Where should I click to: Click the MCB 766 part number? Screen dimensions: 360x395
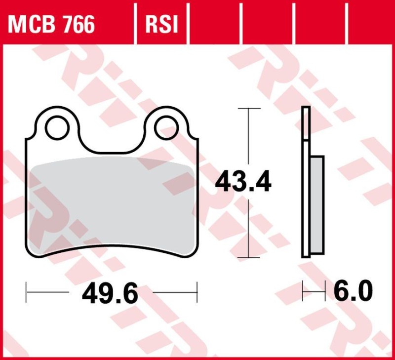click(x=51, y=23)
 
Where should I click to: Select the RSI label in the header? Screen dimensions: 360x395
click(x=161, y=23)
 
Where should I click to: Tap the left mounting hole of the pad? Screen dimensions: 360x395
click(x=57, y=127)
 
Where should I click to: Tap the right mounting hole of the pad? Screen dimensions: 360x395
click(x=166, y=127)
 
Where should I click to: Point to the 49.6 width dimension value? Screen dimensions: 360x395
click(x=110, y=294)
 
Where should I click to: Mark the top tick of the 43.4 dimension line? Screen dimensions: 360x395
click(x=248, y=107)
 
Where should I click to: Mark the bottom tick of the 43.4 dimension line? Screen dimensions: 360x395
click(x=248, y=257)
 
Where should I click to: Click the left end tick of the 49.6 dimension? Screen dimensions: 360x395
click(x=26, y=292)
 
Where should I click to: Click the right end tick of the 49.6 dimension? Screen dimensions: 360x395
click(x=197, y=292)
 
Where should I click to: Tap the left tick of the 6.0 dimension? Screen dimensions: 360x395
click(x=303, y=292)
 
